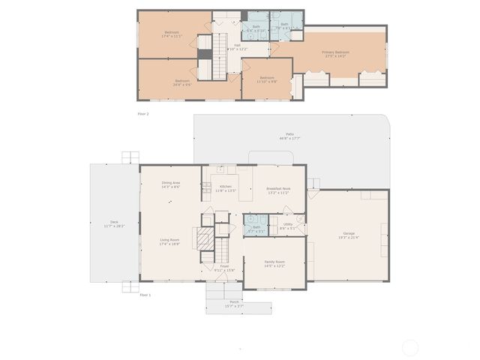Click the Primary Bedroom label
[x=336, y=53]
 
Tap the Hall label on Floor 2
[x=237, y=47]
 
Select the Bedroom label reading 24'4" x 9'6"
[x=184, y=82]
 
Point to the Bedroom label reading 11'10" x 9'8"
[x=268, y=79]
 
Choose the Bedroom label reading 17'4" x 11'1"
[x=172, y=34]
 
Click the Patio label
[x=289, y=136]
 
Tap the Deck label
[x=114, y=223]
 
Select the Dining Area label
[x=171, y=184]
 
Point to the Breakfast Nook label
[x=278, y=190]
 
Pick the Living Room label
[x=169, y=241]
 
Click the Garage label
[x=349, y=235]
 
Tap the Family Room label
[x=274, y=263]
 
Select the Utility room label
[x=288, y=225]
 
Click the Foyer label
[x=224, y=268]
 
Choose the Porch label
[x=235, y=304]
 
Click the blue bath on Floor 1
[x=256, y=227]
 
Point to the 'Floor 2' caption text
[x=143, y=113]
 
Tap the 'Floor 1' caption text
[x=145, y=295]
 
